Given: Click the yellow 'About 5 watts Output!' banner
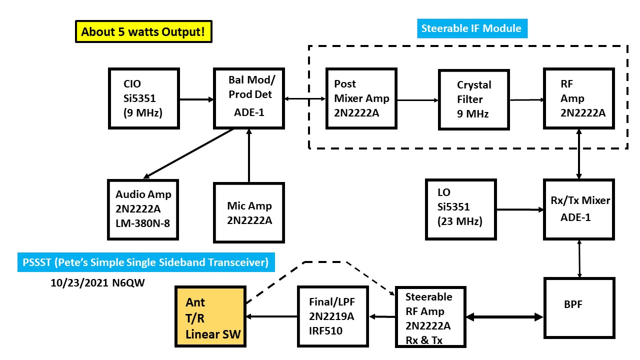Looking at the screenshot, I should [x=143, y=32].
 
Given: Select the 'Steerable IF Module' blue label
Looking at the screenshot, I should [x=471, y=28].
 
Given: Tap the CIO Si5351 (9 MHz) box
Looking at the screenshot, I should [x=144, y=98].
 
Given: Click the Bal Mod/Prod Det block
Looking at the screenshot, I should [x=248, y=98].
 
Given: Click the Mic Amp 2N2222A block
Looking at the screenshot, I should [x=248, y=212].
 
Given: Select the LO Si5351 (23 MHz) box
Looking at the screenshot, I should [x=460, y=208].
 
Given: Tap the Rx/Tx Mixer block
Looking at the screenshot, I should [x=578, y=208].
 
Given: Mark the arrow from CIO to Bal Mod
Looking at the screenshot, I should [x=196, y=99].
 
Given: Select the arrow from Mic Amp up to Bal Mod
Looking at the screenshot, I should [x=248, y=155].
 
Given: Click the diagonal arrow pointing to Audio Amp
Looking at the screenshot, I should [x=190, y=153].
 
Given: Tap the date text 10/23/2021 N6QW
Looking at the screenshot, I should [x=94, y=282].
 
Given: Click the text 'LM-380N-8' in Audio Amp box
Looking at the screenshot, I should [x=143, y=222].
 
